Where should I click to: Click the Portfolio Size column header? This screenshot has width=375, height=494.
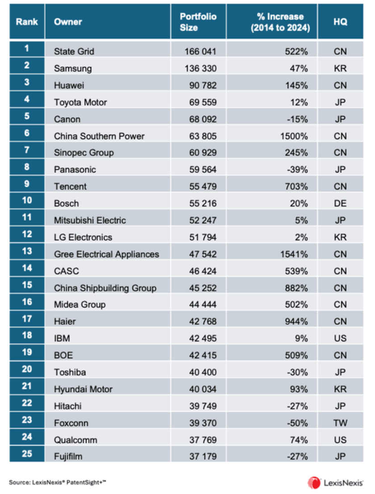tap(198, 22)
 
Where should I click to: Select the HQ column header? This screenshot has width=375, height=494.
tap(340, 22)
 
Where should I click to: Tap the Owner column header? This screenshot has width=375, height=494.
tap(68, 22)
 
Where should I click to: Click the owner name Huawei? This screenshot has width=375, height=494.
tap(69, 85)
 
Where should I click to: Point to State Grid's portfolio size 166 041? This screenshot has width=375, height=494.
tap(200, 51)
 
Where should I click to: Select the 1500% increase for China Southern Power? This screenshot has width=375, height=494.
tap(296, 136)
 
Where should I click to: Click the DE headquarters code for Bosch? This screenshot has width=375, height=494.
tap(340, 203)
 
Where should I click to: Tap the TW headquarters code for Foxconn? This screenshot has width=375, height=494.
tap(340, 423)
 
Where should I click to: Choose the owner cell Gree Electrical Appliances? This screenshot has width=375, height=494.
tap(106, 254)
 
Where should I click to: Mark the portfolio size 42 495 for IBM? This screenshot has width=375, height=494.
tap(200, 339)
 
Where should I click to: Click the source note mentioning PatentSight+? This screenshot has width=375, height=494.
tap(58, 482)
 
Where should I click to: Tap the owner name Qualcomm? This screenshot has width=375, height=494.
tap(75, 440)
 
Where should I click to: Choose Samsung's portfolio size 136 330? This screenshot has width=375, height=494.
tap(200, 68)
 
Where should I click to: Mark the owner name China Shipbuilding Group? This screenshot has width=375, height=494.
tap(105, 288)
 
